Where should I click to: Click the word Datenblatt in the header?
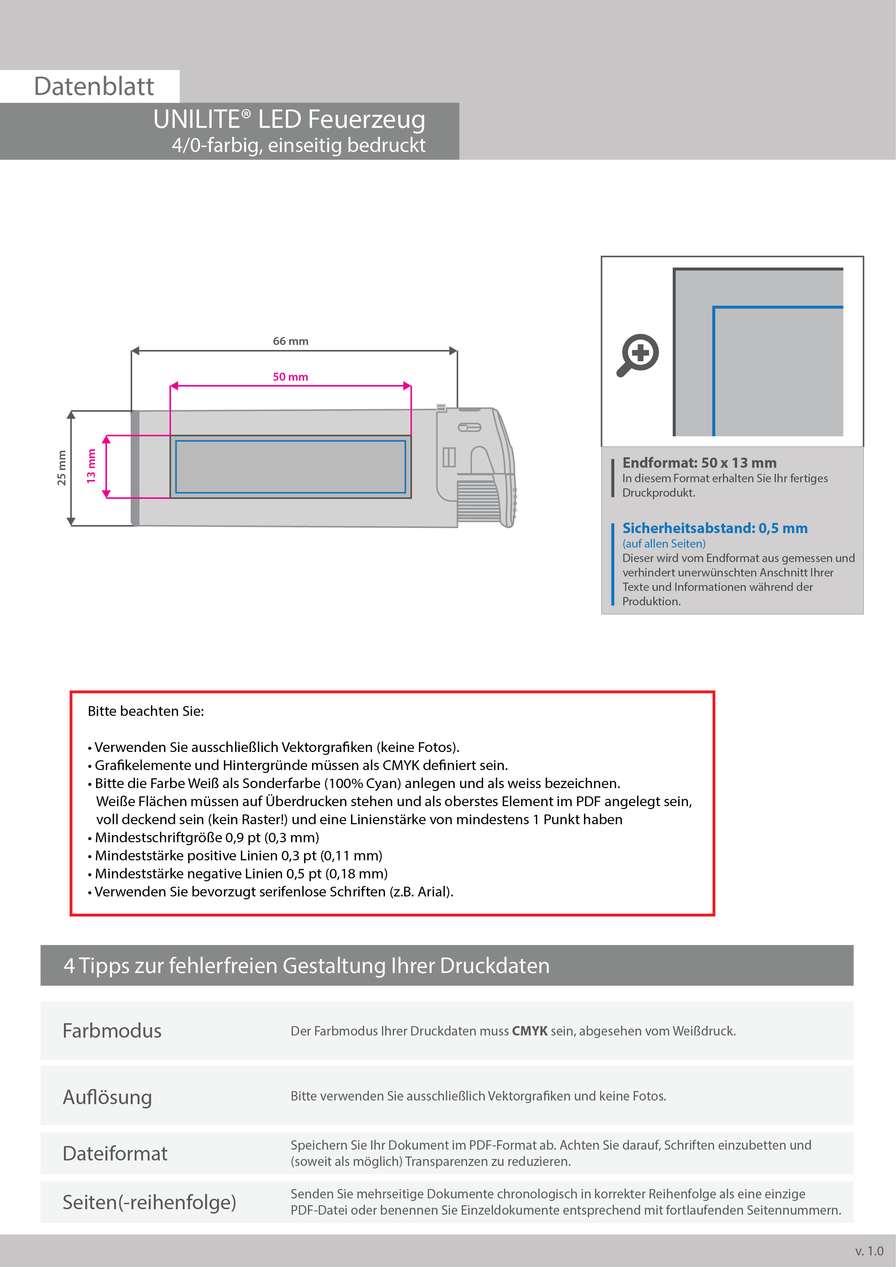[94, 87]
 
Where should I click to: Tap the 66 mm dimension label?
[290, 341]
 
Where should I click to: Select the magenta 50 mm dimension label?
[290, 377]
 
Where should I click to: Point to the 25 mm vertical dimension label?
[61, 468]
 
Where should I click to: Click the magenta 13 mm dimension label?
[91, 466]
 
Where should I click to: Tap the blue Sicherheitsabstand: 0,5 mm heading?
[714, 528]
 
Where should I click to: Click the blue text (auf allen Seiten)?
[664, 544]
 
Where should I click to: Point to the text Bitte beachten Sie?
[146, 711]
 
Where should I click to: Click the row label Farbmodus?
[112, 1031]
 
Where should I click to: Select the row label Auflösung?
[108, 1097]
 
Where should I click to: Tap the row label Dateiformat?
[115, 1153]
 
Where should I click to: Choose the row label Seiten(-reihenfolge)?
[149, 1202]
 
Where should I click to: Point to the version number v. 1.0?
[869, 1251]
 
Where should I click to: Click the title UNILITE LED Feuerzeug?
[289, 119]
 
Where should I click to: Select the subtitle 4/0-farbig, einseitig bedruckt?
[298, 145]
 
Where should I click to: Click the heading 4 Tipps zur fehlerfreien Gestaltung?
[306, 966]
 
